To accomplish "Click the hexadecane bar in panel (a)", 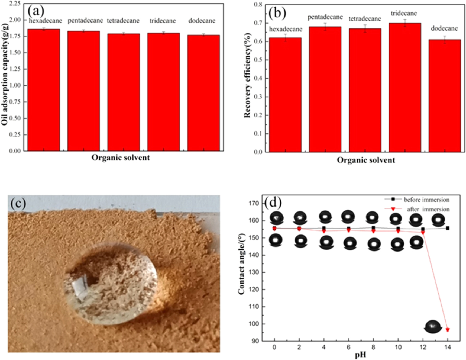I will click(x=44, y=89).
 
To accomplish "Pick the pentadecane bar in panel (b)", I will click(x=325, y=89).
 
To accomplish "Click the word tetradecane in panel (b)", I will click(x=365, y=19).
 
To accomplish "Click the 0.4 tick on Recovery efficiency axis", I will click(x=258, y=78).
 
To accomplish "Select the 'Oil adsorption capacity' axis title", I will click(x=5, y=75).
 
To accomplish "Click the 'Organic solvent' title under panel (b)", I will click(x=366, y=160).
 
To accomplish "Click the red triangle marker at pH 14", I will click(x=448, y=330).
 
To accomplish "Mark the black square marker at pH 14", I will click(x=448, y=228).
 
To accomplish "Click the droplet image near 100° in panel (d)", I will click(x=433, y=326).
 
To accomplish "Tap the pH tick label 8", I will click(x=373, y=347).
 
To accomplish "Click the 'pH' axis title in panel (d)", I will click(x=361, y=355).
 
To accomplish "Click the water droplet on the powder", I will click(x=111, y=284).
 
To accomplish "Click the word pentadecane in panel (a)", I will click(x=85, y=21).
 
